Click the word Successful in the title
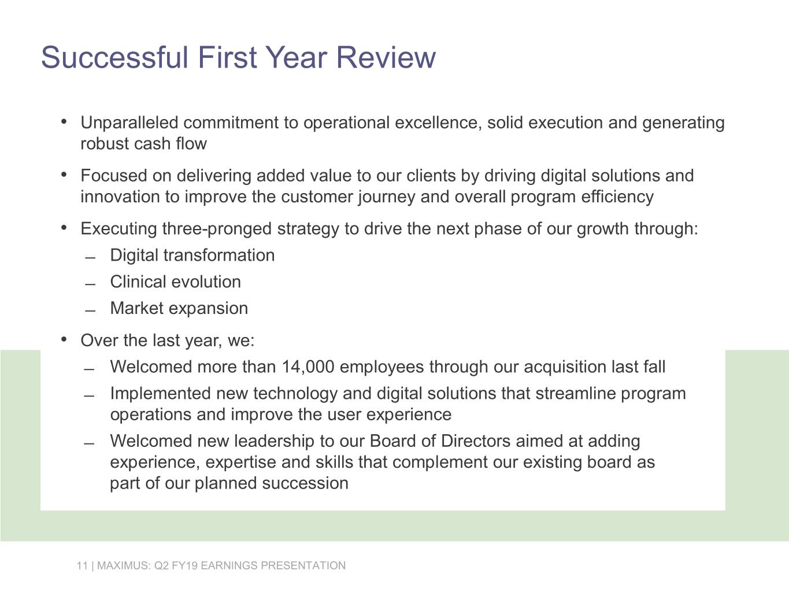point(114,57)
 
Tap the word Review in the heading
point(386,57)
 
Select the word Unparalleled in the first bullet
point(129,123)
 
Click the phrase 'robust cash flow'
point(144,144)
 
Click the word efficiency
point(617,197)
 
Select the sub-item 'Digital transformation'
point(192,255)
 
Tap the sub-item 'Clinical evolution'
point(175,282)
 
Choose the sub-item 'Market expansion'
point(179,308)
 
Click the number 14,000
point(308,367)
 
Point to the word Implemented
point(161,394)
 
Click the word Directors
point(476,441)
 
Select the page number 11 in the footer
point(82,565)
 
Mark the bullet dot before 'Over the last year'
point(64,340)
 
